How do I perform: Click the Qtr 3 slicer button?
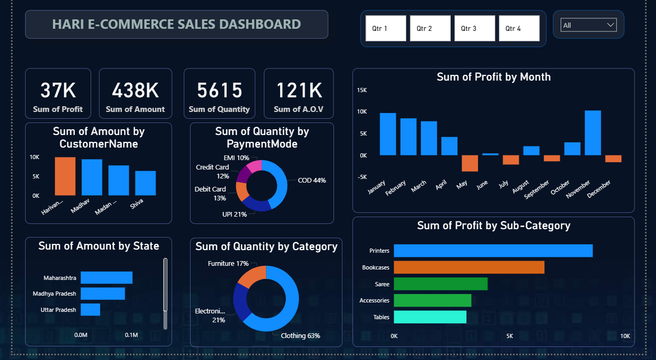[474, 28]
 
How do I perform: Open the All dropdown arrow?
[610, 25]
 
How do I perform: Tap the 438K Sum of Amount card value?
[135, 90]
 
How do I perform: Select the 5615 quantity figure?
[219, 90]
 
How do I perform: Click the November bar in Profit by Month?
[592, 133]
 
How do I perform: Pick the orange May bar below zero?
[470, 163]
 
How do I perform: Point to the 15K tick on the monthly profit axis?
[362, 90]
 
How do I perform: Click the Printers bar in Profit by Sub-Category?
[493, 251]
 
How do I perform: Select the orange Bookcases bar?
[469, 267]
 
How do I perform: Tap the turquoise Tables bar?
[430, 317]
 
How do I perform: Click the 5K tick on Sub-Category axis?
[509, 335]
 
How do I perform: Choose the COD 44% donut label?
[312, 181]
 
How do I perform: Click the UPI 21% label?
[234, 214]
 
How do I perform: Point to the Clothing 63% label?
[300, 335]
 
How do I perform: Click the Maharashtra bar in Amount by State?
[106, 278]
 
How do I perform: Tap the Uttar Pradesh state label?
[58, 310]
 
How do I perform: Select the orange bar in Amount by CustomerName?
[65, 176]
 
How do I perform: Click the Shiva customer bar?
[145, 183]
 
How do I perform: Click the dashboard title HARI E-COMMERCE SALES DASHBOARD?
[176, 24]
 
